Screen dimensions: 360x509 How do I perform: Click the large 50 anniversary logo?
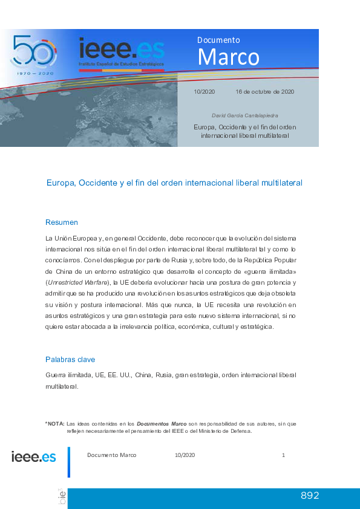coord(33,52)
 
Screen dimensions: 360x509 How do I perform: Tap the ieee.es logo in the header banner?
coord(121,48)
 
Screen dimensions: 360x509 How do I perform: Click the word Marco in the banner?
coord(228,57)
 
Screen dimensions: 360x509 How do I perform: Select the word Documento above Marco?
coord(218,40)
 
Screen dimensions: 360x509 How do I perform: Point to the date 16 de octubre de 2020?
coord(265,92)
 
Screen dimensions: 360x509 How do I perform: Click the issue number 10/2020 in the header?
coord(205,92)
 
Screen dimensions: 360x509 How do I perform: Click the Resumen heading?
coord(62,222)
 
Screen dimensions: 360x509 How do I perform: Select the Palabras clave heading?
coord(70,360)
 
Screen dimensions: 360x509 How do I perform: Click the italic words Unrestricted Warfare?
coord(77,282)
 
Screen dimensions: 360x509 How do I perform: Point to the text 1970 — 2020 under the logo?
coord(34,73)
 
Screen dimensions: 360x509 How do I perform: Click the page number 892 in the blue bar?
coord(309,496)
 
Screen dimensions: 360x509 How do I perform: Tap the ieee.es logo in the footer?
coord(34,456)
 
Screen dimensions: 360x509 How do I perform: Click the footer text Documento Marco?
coord(112,455)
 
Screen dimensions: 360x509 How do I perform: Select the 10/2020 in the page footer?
coord(185,455)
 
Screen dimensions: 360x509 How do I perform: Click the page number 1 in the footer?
coord(283,455)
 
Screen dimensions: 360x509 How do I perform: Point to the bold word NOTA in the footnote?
coord(56,424)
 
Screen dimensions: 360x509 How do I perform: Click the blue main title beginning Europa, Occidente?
coord(174,182)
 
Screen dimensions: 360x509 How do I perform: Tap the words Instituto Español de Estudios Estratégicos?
coord(120,63)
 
